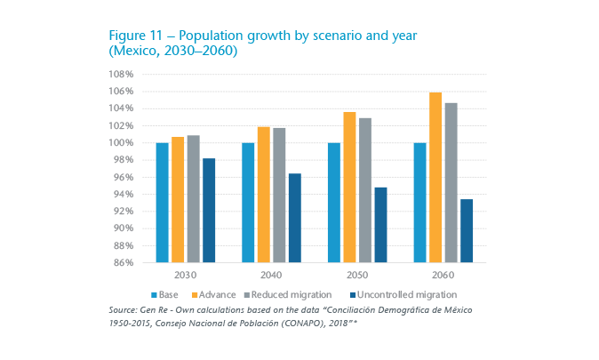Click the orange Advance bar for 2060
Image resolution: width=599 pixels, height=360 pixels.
point(435,178)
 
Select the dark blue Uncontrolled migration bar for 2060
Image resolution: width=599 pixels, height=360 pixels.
point(467,231)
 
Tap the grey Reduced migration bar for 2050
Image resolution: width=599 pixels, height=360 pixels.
point(364,190)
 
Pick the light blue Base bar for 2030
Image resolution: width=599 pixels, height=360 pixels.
point(162,203)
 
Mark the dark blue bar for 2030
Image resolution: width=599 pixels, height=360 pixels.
point(208,211)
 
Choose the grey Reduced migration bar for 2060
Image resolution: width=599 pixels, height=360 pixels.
point(451,183)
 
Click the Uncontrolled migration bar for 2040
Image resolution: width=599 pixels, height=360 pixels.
point(294,218)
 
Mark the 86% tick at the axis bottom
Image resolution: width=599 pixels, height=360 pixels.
point(124,263)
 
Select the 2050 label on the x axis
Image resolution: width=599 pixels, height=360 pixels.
point(357,275)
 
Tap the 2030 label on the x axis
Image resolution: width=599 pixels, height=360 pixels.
point(185,275)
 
